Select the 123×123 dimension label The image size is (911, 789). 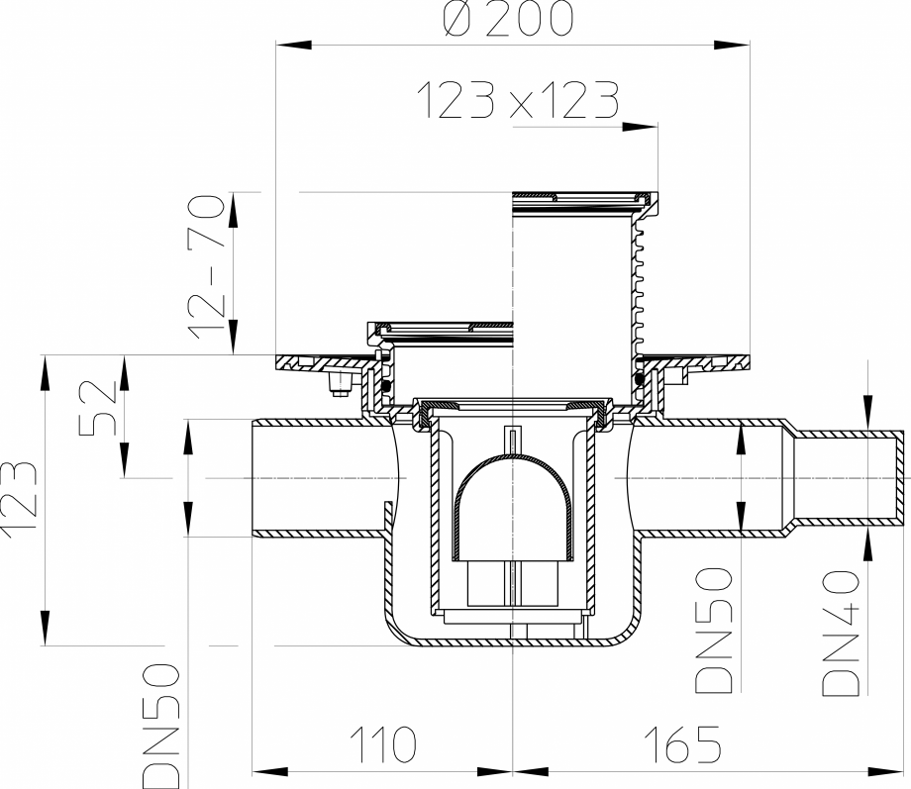(516, 101)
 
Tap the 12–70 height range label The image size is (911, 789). (209, 267)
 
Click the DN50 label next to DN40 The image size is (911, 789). (713, 632)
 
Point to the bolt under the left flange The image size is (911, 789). (340, 385)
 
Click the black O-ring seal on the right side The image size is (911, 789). (641, 378)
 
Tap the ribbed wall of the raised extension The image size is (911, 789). (636, 277)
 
